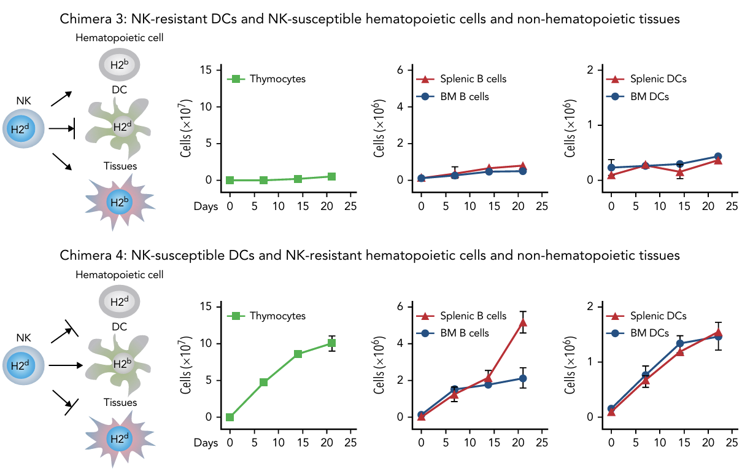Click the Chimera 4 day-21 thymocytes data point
click(x=331, y=343)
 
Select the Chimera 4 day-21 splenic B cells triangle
click(x=523, y=322)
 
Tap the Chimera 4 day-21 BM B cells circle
click(x=523, y=378)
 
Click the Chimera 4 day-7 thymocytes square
click(x=263, y=382)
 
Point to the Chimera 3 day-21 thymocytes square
click(x=331, y=176)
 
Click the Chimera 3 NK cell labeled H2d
click(x=23, y=128)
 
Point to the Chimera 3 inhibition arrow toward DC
click(x=61, y=129)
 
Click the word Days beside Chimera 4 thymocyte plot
click(x=206, y=442)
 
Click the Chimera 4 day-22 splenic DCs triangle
click(x=717, y=332)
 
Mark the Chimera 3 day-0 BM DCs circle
click(x=611, y=168)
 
